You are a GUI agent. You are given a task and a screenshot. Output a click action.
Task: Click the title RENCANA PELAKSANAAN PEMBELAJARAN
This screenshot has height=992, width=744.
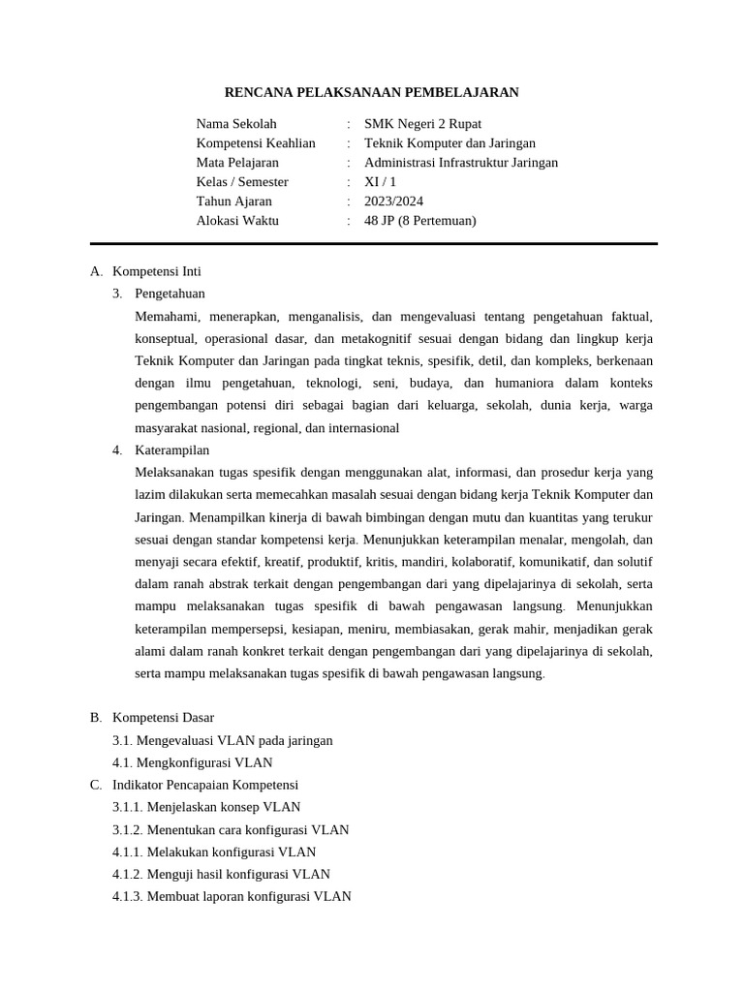click(x=372, y=93)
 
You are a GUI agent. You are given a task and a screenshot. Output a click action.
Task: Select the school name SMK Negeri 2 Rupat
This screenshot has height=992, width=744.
click(x=422, y=124)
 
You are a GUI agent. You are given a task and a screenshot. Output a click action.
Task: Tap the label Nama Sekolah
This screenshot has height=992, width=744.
click(x=236, y=124)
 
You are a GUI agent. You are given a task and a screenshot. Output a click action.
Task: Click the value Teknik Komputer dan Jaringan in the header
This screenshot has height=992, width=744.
click(x=449, y=143)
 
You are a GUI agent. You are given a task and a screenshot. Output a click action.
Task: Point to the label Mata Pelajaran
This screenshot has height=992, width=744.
click(x=237, y=163)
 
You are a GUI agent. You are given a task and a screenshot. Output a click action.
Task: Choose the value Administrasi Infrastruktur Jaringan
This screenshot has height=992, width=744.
click(x=461, y=163)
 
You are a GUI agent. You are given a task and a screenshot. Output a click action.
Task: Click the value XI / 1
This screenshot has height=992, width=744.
click(x=381, y=182)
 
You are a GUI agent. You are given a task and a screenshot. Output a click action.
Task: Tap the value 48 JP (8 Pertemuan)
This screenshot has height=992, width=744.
click(x=420, y=221)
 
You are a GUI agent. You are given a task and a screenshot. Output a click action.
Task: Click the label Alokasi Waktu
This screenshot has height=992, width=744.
click(x=237, y=221)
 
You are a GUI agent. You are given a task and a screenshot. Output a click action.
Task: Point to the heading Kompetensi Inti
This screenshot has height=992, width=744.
click(x=157, y=271)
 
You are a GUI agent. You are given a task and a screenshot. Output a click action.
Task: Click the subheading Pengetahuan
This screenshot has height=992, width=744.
click(x=170, y=294)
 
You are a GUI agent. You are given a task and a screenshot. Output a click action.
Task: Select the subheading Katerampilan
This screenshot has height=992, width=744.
click(x=172, y=450)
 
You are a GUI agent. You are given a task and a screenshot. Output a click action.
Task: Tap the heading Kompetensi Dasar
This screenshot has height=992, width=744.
click(x=163, y=718)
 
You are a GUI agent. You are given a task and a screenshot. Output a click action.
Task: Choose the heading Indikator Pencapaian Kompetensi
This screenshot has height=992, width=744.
click(x=205, y=785)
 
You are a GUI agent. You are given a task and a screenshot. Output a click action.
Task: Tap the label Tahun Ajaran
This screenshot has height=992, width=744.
click(x=234, y=201)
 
